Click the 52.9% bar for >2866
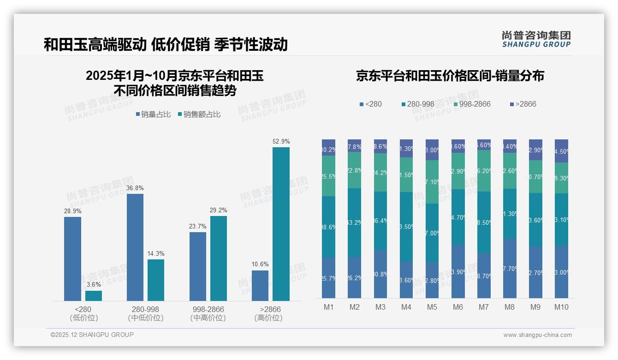pos(281,224)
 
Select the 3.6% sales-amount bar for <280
pos(94,296)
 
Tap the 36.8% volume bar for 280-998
pos(135,247)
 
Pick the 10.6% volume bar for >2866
pos(260,286)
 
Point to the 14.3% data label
pos(155,253)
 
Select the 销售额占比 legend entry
pos(199,114)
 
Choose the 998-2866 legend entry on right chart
pos(471,104)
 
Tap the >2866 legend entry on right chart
pos(523,104)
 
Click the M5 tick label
pos(432,307)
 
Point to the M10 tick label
pos(561,307)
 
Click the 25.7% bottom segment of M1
pos(329,277)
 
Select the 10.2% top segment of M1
pos(329,147)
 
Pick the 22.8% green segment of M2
pos(355,170)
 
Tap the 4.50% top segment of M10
pos(561,150)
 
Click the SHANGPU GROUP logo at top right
pos(536,39)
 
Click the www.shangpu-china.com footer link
pos(537,335)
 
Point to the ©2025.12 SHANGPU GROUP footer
pos(92,335)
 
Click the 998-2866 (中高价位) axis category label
pos(208,313)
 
